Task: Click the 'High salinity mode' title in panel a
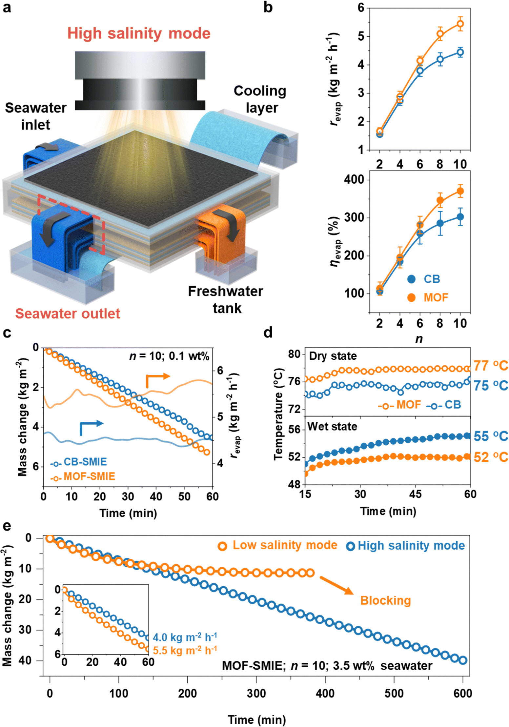tap(139, 33)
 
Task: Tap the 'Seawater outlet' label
tap(68, 313)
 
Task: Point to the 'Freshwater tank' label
tap(226, 299)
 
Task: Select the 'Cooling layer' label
tap(260, 99)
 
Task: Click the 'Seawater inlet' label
tap(35, 116)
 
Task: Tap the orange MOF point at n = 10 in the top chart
tap(460, 24)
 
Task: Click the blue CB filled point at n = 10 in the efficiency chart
tap(460, 217)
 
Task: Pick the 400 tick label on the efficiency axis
tap(354, 180)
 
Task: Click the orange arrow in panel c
tap(157, 379)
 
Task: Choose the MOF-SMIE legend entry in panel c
tap(83, 476)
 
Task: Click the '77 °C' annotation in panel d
tap(490, 365)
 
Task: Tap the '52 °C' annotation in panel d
tap(490, 457)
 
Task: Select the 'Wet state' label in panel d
tap(332, 427)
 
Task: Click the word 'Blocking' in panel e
tap(385, 600)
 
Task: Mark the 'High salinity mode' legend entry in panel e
tap(406, 546)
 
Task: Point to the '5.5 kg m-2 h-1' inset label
tap(185, 650)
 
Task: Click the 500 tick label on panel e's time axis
tap(394, 694)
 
